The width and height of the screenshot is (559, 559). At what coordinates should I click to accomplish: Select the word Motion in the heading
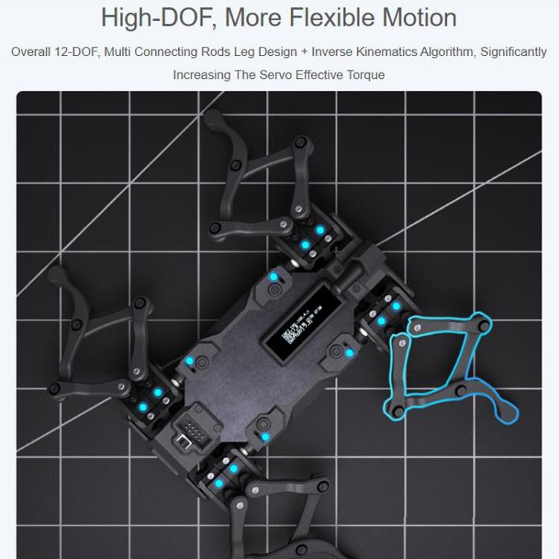coord(422,16)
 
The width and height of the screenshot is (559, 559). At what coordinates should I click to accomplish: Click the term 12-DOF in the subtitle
coord(77,52)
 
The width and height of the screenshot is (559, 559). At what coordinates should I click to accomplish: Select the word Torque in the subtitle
coord(367,75)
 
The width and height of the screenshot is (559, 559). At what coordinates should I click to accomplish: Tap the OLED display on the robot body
coord(297,329)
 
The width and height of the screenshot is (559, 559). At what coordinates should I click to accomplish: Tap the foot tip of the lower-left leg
coord(54,274)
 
